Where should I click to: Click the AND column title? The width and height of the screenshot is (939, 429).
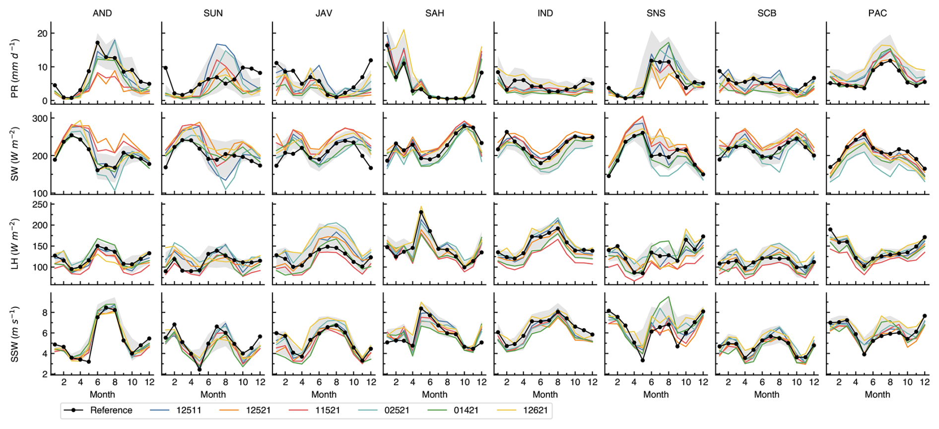click(102, 13)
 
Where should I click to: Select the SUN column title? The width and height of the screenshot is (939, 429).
click(213, 13)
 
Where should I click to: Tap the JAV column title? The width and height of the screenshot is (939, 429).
click(324, 13)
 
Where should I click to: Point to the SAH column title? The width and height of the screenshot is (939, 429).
click(434, 13)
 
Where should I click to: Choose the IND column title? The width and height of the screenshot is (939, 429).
click(545, 13)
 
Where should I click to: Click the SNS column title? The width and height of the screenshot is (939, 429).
click(656, 13)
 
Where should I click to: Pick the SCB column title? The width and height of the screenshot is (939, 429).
click(767, 13)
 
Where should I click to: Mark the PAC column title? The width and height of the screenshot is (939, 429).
click(877, 13)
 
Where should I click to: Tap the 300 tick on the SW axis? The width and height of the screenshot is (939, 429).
click(40, 119)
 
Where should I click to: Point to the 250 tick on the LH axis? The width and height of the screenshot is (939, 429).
click(40, 205)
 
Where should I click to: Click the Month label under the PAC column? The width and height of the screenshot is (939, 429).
click(877, 395)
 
